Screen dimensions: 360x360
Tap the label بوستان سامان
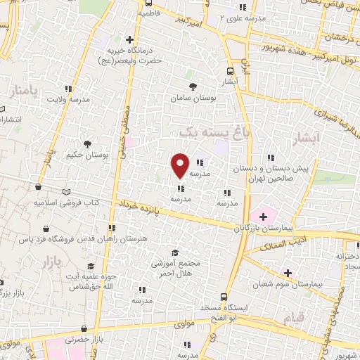(x=192, y=98)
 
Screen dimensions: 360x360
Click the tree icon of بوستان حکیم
(x=86, y=143)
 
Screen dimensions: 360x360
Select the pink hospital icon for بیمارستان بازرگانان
(x=264, y=215)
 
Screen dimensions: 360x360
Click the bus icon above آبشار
(x=231, y=71)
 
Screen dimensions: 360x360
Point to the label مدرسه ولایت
(x=68, y=99)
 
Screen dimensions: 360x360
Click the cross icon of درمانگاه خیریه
(x=129, y=39)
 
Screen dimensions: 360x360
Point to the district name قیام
(x=295, y=320)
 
